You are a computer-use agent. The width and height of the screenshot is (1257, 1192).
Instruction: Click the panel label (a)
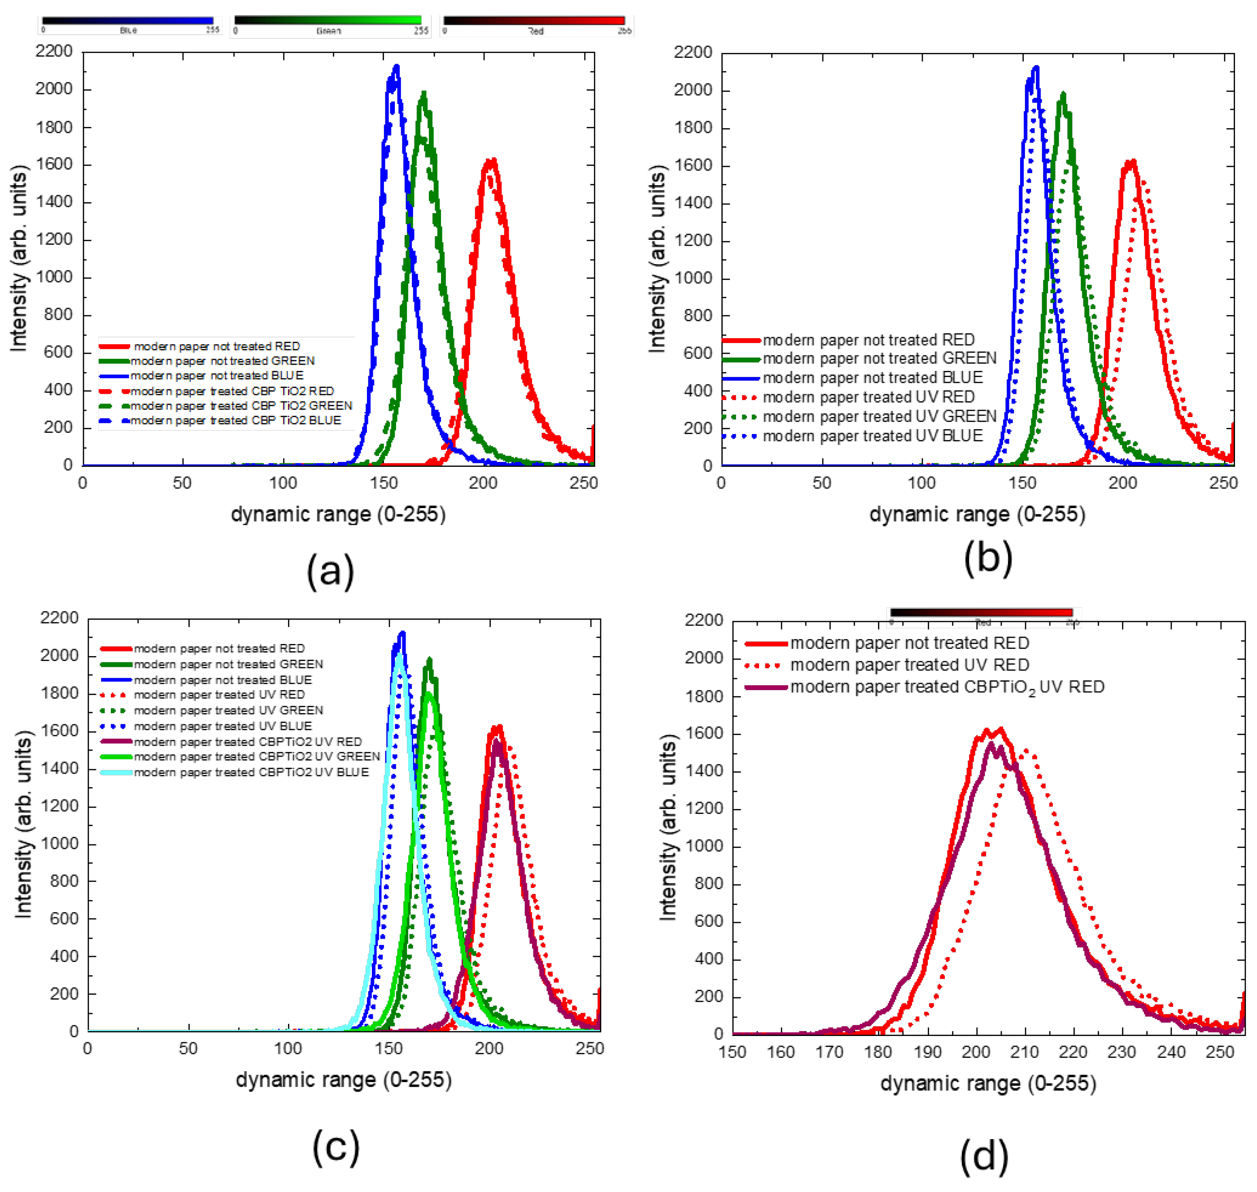click(x=331, y=570)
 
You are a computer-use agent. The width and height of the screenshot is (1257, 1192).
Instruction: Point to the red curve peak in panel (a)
click(x=491, y=161)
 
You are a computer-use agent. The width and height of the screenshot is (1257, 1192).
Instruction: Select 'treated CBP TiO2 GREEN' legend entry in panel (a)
click(x=241, y=405)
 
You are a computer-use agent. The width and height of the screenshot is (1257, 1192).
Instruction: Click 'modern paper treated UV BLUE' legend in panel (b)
click(x=872, y=436)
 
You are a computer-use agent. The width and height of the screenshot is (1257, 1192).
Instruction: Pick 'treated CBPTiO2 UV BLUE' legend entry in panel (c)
click(x=251, y=772)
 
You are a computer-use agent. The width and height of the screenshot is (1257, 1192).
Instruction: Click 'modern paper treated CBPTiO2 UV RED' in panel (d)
click(x=947, y=687)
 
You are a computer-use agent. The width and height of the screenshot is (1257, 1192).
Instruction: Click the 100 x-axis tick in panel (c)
click(x=288, y=1048)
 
